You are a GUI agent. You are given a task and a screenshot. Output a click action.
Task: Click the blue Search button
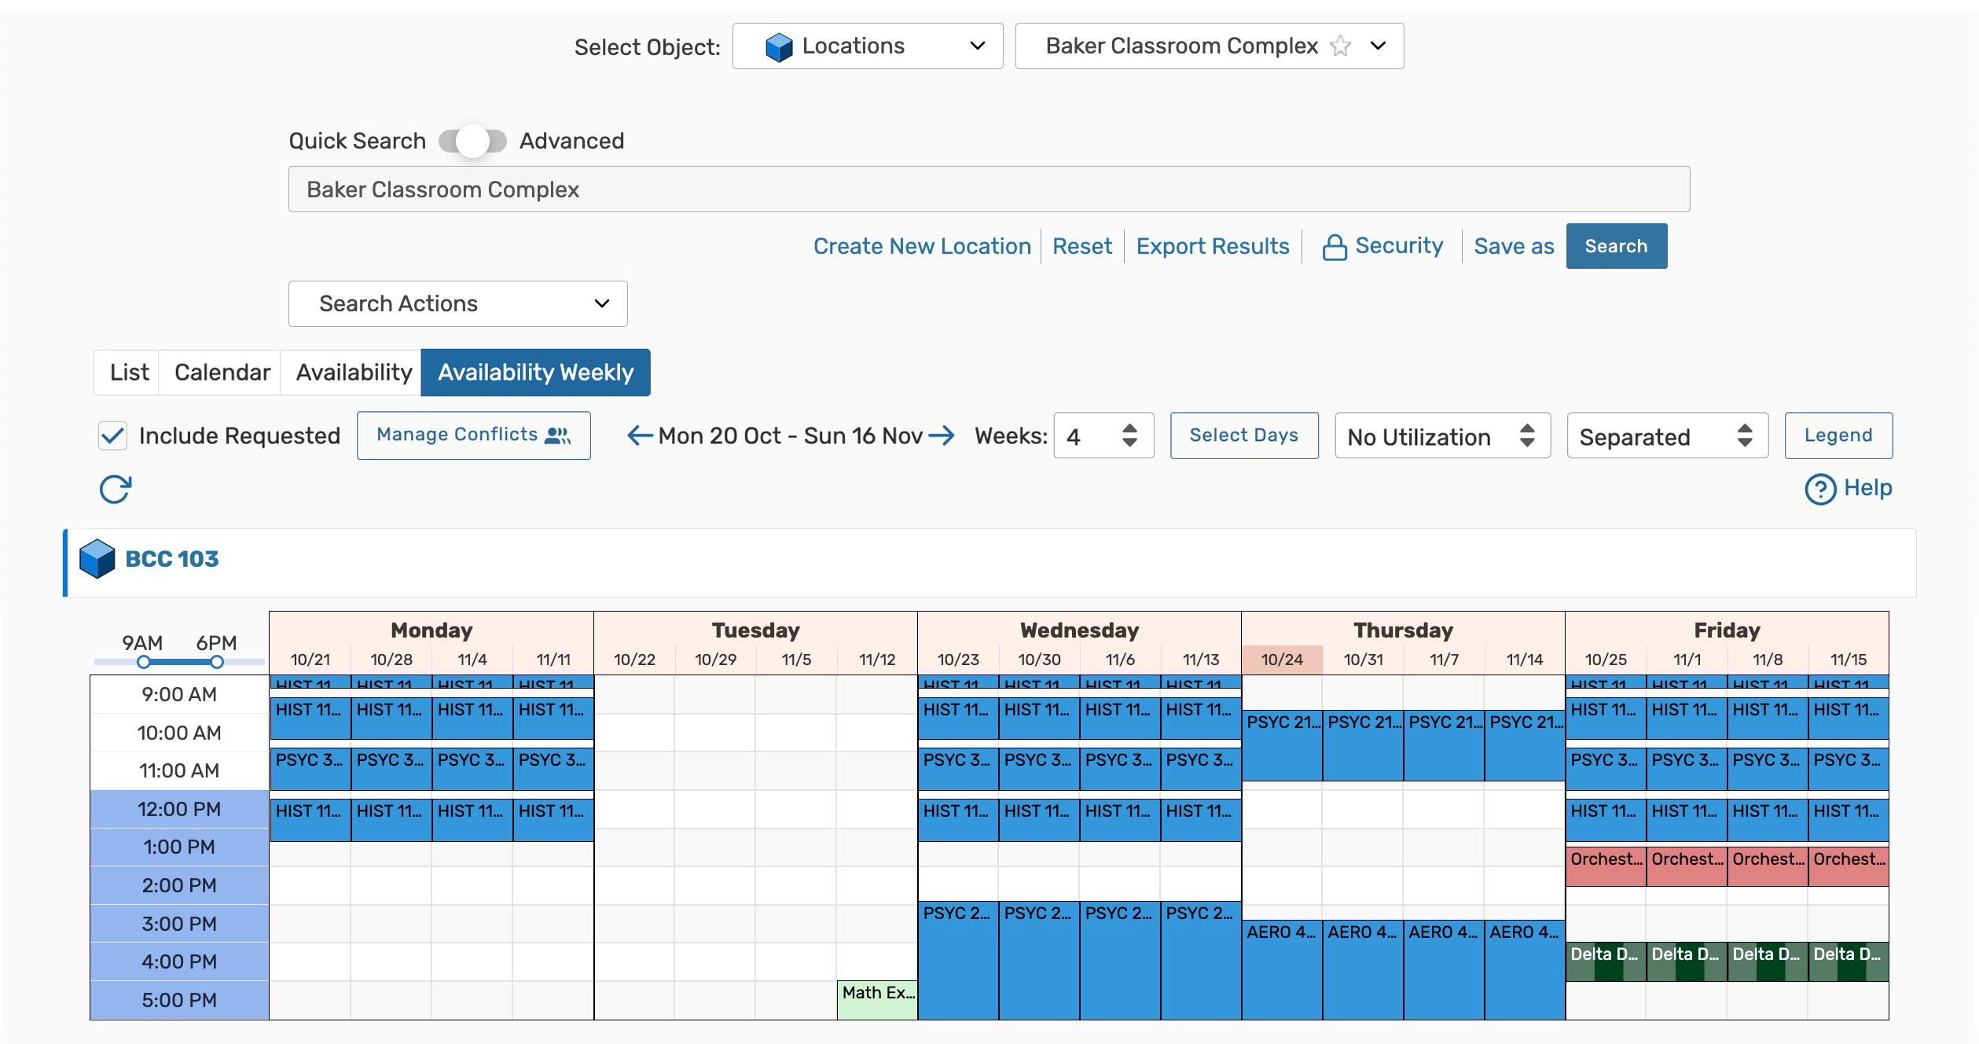point(1615,246)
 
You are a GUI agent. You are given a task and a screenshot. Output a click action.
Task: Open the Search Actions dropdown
point(457,303)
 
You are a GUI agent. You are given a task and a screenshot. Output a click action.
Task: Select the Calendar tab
point(222,372)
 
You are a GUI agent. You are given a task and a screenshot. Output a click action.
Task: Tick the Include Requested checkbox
point(113,436)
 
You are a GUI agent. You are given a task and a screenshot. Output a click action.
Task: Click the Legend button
point(1838,436)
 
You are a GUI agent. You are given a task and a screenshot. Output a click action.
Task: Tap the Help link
point(1849,488)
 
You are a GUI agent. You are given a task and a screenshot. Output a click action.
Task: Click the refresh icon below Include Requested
point(115,489)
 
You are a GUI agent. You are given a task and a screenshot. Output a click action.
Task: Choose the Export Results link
point(1212,246)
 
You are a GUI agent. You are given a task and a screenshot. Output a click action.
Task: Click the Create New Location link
point(921,246)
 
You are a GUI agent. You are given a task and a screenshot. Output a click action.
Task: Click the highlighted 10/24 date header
point(1282,660)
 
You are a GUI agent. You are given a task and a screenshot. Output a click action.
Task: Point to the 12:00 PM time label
point(179,809)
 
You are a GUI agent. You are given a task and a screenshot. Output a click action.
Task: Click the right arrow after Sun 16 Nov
point(942,436)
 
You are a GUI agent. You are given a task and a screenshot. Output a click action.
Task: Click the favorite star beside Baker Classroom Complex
point(1340,46)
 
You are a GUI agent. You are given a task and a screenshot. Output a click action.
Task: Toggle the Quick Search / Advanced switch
point(472,141)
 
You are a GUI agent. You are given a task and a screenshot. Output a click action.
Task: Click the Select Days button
point(1243,436)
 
